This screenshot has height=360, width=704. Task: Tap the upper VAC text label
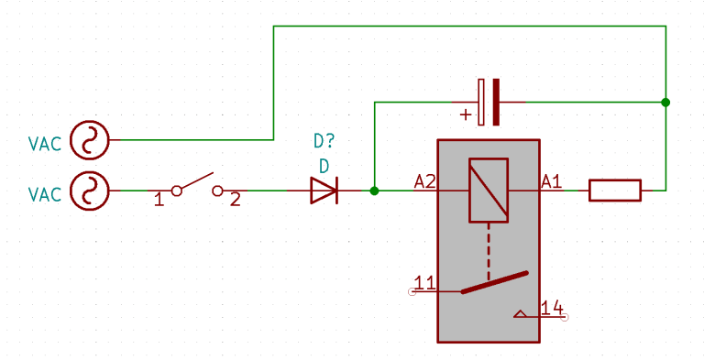tap(45, 144)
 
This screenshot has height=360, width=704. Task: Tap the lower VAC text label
tap(45, 194)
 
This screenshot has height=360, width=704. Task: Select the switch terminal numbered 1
tap(175, 191)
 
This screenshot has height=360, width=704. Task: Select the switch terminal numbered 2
tap(218, 191)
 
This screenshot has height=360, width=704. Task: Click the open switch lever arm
tap(196, 181)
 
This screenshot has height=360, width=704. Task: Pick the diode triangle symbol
tap(324, 191)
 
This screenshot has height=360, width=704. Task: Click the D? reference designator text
tap(324, 141)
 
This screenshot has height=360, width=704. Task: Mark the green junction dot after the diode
tap(374, 191)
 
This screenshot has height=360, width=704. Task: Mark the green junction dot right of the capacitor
tap(665, 102)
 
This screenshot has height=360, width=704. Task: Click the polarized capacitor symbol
tap(488, 102)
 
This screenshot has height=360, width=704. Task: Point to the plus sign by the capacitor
tap(466, 115)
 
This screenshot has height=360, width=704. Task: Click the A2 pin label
tap(425, 181)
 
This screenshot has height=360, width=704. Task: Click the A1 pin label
tap(551, 181)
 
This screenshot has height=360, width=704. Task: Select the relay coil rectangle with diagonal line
tap(489, 191)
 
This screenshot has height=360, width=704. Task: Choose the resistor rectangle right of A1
tap(614, 191)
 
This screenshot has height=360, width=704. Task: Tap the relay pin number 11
tap(424, 283)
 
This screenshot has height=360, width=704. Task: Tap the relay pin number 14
tap(552, 309)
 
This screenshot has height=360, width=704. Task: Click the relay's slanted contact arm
tap(495, 282)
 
